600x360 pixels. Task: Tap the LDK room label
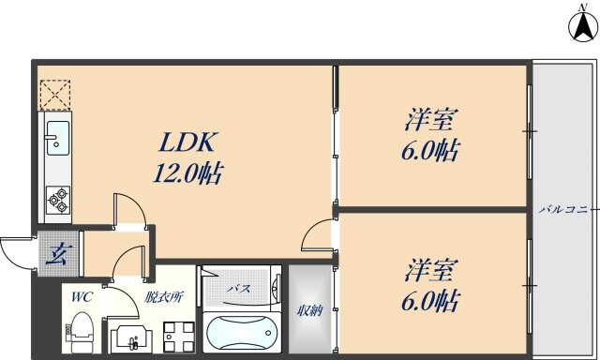187,143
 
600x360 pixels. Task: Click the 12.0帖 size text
187,173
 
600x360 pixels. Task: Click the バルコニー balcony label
567,208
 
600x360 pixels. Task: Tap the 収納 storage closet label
310,311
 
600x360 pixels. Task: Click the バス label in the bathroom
238,289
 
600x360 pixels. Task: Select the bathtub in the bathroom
241,332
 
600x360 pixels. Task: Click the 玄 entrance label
58,254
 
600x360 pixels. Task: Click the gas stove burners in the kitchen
56,198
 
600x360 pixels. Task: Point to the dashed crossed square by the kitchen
52,94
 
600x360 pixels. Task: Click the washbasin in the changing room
128,337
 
